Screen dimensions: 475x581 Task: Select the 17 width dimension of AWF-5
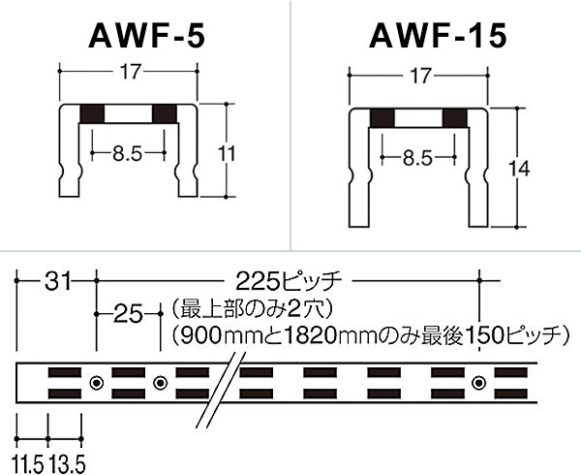coord(130,71)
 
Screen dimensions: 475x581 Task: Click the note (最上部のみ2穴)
coord(249,311)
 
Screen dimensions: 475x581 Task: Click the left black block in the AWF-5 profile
coord(92,113)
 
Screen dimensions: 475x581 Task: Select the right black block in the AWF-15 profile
coord(454,119)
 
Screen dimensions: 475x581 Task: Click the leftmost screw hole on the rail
coord(96,383)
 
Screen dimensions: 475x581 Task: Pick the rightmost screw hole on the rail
coord(477,383)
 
